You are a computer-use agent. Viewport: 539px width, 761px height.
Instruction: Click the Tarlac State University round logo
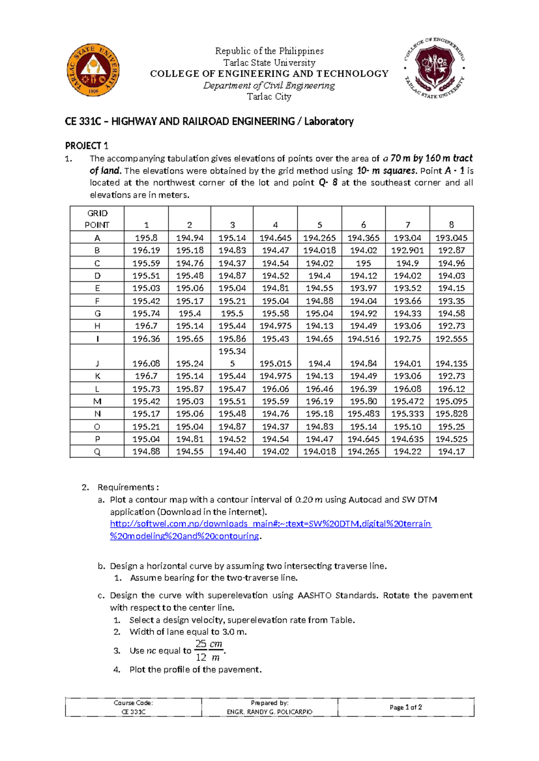pyautogui.click(x=93, y=70)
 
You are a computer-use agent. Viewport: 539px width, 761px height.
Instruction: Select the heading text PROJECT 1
pyautogui.click(x=87, y=146)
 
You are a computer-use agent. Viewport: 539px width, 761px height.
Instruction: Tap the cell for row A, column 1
pyautogui.click(x=146, y=238)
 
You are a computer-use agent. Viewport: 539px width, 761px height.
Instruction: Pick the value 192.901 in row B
pyautogui.click(x=407, y=250)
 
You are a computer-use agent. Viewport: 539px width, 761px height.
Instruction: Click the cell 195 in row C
pyautogui.click(x=363, y=263)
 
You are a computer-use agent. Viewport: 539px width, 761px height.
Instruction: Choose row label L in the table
pyautogui.click(x=97, y=389)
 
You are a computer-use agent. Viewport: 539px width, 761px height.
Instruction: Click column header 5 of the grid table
pyautogui.click(x=319, y=225)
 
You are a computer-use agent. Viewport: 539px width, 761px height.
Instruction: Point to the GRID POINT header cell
pyautogui.click(x=97, y=219)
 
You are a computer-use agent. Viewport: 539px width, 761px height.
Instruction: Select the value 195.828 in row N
pyautogui.click(x=451, y=414)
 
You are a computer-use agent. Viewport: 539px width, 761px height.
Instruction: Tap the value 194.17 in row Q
pyautogui.click(x=451, y=451)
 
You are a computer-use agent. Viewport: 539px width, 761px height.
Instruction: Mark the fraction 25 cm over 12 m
pyautogui.click(x=209, y=651)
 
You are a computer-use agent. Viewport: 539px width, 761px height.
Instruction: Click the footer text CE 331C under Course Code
pyautogui.click(x=133, y=712)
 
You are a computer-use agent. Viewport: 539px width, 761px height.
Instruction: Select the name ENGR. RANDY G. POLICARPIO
pyautogui.click(x=269, y=712)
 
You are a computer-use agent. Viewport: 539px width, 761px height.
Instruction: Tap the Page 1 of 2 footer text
pyautogui.click(x=406, y=707)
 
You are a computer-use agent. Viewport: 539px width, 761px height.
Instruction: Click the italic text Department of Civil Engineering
pyautogui.click(x=269, y=85)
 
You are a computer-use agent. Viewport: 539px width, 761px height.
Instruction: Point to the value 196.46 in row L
pyautogui.click(x=319, y=389)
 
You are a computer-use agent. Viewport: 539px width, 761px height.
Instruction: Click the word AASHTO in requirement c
pyautogui.click(x=314, y=595)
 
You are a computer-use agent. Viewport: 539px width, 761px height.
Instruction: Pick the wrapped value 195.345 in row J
pyautogui.click(x=232, y=357)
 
